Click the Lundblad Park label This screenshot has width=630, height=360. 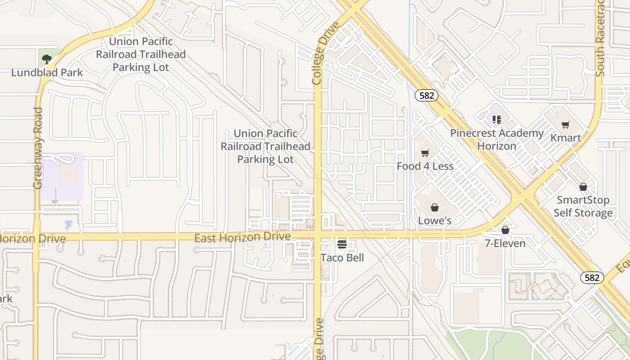47,72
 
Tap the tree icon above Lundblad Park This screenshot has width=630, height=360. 46,58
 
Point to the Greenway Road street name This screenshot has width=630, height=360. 38,148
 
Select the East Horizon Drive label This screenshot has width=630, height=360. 242,237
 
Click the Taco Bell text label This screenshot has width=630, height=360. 342,258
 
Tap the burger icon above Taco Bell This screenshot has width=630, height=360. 342,244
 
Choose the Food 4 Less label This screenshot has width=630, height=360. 425,166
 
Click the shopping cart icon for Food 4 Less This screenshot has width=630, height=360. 425,153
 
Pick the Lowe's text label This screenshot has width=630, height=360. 434,220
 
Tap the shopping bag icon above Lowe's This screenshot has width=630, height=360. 434,207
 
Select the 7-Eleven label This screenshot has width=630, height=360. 505,243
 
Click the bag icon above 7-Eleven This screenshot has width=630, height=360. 505,230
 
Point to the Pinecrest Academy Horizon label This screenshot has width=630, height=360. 497,139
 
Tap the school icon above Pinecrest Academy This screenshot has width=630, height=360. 496,120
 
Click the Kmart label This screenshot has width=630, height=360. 566,138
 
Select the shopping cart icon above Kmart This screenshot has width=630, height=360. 566,125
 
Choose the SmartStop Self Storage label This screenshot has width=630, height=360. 583,206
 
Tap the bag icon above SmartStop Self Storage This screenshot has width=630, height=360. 583,186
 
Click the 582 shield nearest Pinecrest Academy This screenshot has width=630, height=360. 426,95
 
